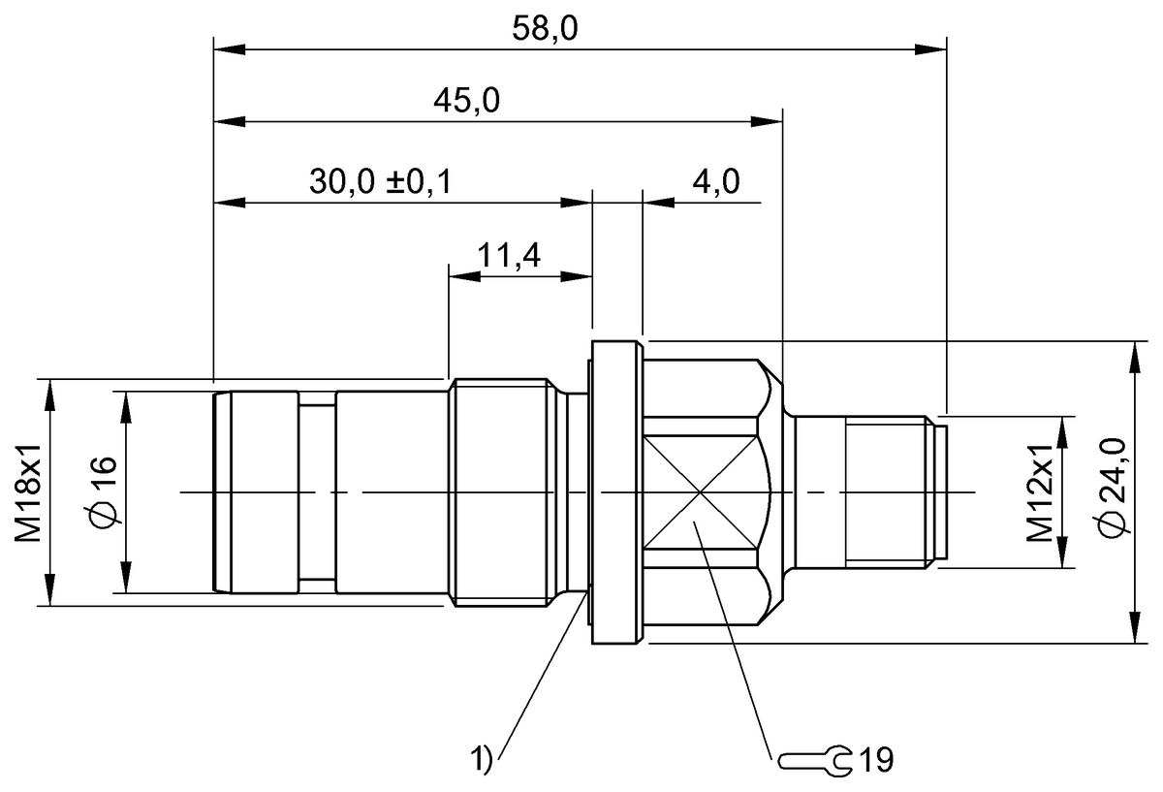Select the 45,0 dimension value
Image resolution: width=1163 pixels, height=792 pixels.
[x=467, y=102]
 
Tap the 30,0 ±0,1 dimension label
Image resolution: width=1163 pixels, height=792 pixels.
[x=380, y=181]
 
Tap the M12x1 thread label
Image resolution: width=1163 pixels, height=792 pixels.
[x=1041, y=491]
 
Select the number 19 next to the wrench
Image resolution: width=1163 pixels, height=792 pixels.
[x=874, y=759]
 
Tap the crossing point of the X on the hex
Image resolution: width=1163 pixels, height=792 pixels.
[x=702, y=492]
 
